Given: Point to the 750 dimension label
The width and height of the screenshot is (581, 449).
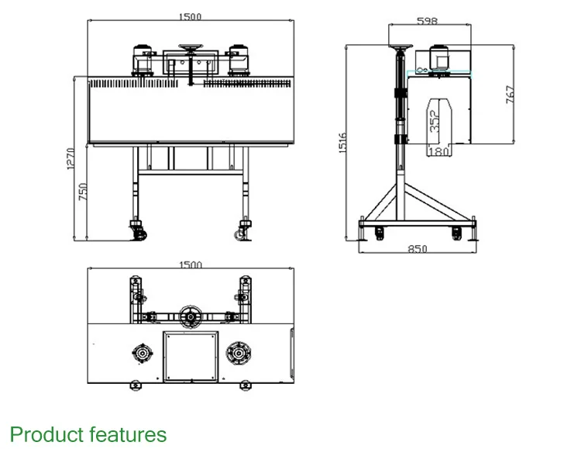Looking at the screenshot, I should [x=84, y=191].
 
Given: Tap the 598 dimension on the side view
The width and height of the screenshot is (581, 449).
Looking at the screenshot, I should [x=427, y=21].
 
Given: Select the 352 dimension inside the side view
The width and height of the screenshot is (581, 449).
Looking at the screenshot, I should [x=435, y=119].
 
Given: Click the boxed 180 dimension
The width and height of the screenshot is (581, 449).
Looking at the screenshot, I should [x=438, y=151].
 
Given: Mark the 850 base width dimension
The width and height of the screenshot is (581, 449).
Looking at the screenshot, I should [x=418, y=250].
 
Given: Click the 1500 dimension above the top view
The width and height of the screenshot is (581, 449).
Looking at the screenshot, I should [x=191, y=265].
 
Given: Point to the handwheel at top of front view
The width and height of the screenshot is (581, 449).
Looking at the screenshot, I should [x=190, y=49].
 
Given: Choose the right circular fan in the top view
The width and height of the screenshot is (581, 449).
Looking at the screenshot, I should [x=238, y=353].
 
